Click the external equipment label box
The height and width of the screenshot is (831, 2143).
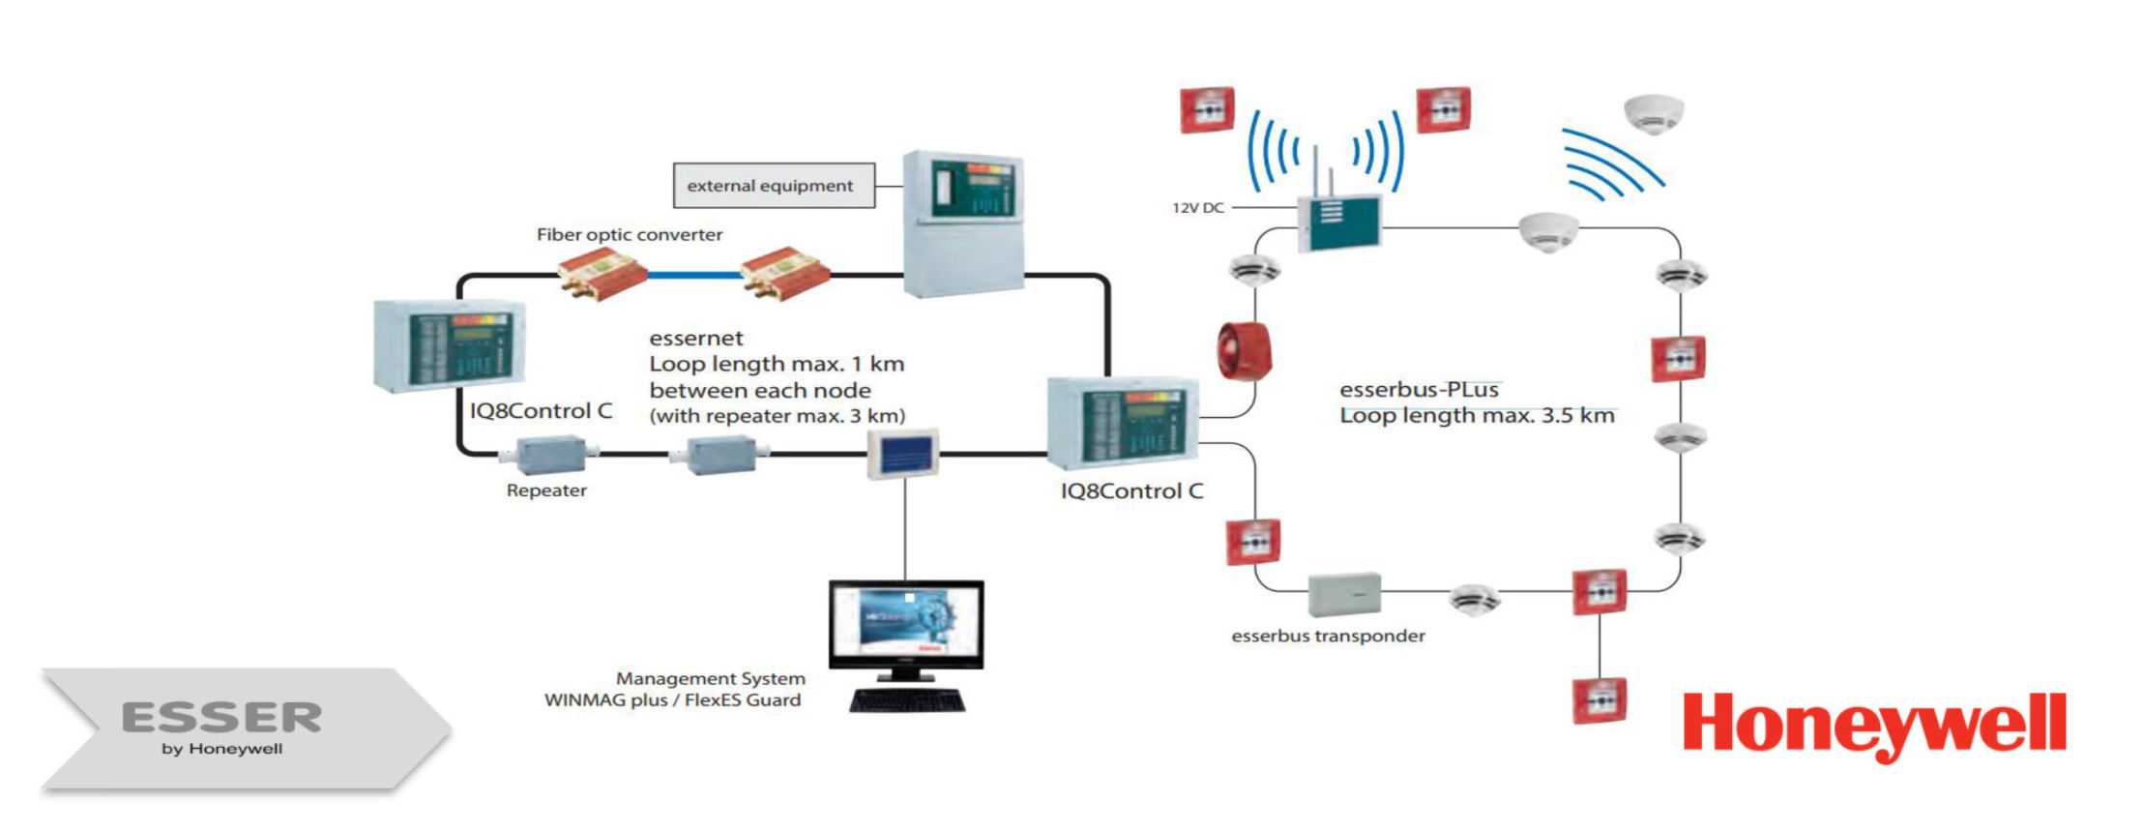774,186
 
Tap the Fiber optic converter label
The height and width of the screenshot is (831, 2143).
630,235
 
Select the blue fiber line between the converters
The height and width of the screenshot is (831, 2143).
694,276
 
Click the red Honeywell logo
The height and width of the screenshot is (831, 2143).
1874,726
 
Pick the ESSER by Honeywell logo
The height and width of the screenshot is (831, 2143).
222,727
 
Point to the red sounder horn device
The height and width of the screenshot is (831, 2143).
1244,351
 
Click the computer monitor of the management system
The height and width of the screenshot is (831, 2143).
906,625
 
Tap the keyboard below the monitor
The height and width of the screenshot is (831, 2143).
907,700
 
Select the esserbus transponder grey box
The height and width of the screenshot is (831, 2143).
1344,594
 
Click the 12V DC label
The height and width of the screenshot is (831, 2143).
1198,208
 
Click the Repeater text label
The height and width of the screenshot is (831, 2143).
546,490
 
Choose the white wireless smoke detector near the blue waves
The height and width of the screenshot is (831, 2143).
1654,112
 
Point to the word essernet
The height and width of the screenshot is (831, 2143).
696,339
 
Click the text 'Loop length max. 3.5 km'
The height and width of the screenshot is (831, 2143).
1477,416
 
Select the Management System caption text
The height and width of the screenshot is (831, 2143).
710,679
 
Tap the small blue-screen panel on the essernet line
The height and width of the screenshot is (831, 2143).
901,454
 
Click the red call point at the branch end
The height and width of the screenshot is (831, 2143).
1599,700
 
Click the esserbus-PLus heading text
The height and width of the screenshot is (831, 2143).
1419,390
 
